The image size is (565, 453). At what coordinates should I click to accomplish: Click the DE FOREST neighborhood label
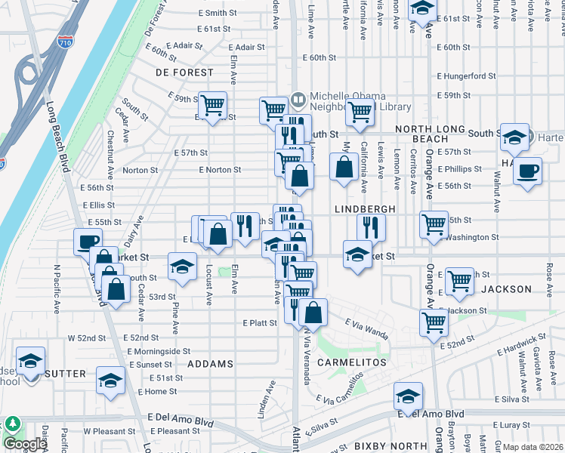point(185,72)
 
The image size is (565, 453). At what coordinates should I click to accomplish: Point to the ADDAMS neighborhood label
point(210,364)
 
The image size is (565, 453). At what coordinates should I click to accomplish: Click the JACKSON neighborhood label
point(506,289)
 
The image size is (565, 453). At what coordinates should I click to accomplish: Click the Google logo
point(25,444)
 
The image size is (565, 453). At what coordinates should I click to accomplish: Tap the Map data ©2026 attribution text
point(529,447)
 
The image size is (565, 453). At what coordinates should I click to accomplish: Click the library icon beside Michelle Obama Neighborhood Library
point(298,98)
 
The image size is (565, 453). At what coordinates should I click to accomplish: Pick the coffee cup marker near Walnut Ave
point(527,169)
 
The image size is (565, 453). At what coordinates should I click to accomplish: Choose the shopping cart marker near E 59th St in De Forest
point(213,104)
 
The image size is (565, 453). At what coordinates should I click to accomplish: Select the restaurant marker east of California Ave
point(371,225)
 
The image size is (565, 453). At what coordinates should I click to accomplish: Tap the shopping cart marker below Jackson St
point(434,321)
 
